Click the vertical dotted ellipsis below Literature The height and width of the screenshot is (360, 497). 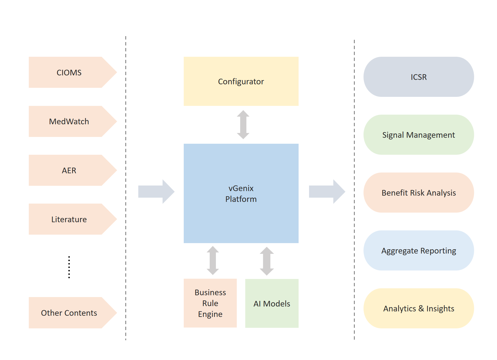(69, 267)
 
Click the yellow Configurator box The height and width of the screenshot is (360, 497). (241, 81)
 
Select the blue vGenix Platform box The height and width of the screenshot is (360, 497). (241, 193)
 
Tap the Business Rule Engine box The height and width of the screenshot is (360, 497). (210, 303)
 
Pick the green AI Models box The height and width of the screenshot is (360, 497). (272, 304)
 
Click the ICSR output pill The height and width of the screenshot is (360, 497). (419, 77)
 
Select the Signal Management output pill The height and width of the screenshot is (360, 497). (419, 135)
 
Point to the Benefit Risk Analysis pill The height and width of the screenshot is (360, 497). (419, 193)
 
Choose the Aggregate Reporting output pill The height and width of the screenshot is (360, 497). (419, 250)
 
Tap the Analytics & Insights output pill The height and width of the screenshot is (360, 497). (419, 308)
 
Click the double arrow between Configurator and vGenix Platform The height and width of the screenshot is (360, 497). (243, 125)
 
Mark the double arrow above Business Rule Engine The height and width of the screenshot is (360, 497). (213, 260)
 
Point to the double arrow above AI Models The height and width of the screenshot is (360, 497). (267, 261)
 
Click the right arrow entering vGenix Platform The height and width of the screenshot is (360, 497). (156, 191)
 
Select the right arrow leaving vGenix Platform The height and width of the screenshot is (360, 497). (327, 191)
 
